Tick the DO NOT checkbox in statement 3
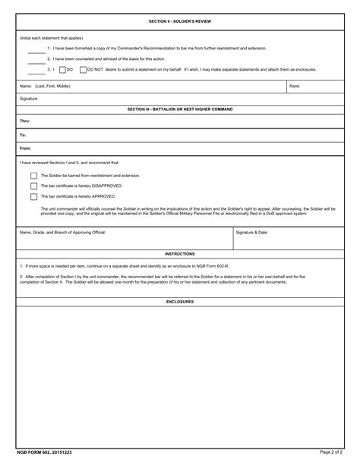click(83, 69)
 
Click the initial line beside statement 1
click(36, 49)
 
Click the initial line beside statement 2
click(36, 59)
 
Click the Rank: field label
click(295, 87)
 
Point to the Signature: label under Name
click(29, 99)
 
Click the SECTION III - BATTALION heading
click(180, 109)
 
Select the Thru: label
click(25, 121)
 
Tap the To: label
click(24, 135)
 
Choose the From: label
click(26, 148)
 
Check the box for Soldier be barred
click(33, 175)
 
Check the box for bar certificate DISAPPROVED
click(33, 185)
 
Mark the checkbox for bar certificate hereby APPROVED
click(33, 196)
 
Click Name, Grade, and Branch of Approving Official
click(62, 231)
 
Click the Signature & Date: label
click(251, 231)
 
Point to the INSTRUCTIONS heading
click(180, 254)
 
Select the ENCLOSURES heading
click(180, 301)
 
